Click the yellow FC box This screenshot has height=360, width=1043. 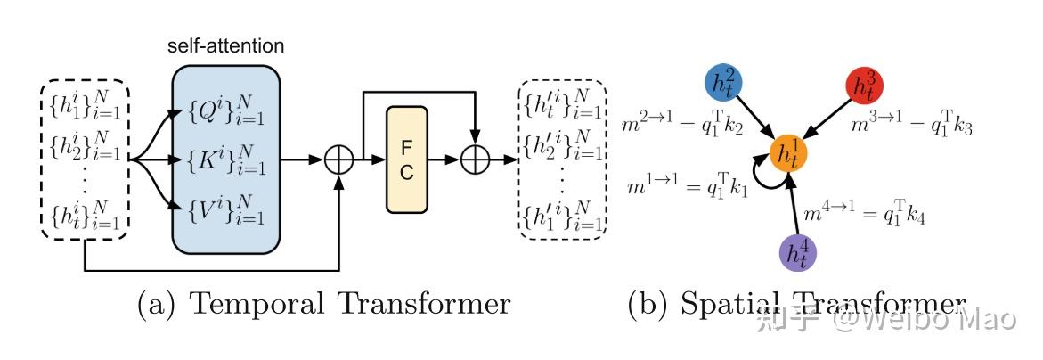click(406, 160)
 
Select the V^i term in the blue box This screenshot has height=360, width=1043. click(226, 209)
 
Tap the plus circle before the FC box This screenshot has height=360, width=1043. click(339, 160)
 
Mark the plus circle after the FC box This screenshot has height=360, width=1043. click(475, 160)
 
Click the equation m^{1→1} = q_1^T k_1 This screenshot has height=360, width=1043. click(689, 187)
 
